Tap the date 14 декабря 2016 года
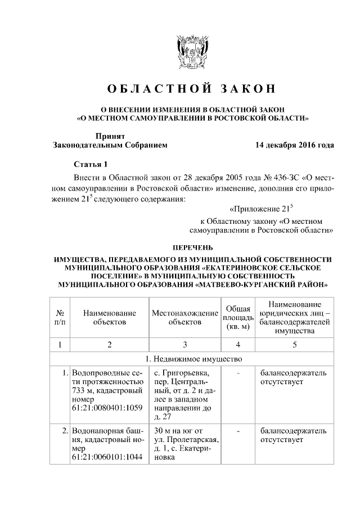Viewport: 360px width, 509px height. coord(294,145)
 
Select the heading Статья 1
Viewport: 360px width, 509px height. coord(90,164)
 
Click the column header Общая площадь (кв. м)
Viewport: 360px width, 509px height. coord(238,318)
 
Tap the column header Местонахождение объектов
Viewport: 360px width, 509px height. coord(185,318)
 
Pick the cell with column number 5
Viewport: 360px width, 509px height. coord(294,344)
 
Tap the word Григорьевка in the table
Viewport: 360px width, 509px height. coord(187,373)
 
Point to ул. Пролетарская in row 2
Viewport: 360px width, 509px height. coord(185,440)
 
